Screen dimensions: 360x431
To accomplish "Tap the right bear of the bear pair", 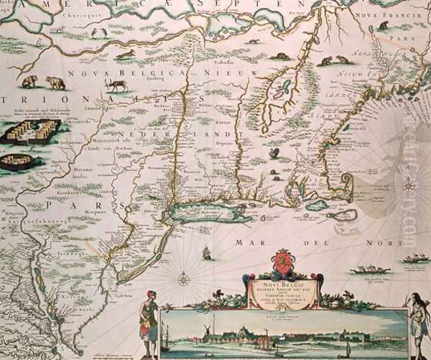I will point(55,83).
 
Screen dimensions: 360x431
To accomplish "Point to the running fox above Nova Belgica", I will point(124,54).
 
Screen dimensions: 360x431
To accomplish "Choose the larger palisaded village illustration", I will point(27,132).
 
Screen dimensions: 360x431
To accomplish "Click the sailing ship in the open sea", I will point(207,253).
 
